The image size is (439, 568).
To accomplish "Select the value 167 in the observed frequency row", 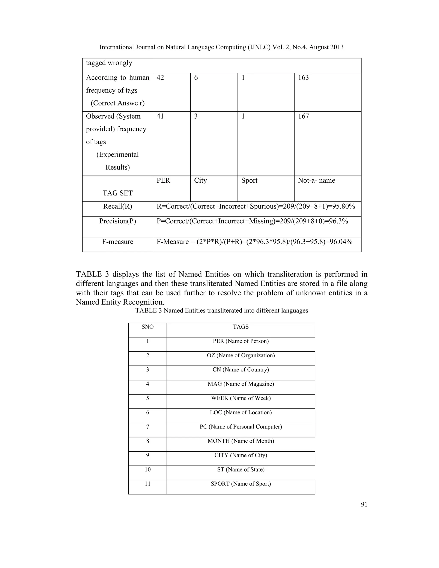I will coord(303,116).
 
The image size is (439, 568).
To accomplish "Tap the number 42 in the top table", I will coord(160,78).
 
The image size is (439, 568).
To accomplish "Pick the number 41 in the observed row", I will coord(160,116).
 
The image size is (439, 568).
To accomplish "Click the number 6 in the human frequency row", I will coord(196,78).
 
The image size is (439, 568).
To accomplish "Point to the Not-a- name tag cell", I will coord(316,180).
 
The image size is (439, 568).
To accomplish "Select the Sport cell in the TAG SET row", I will coord(249,180).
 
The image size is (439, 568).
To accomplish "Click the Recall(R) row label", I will coord(117,206).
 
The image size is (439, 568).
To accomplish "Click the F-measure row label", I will coord(117,242).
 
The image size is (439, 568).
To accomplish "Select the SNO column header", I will coord(147,327).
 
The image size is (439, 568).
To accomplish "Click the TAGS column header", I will coord(241,327).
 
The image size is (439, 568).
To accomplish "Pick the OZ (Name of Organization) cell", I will coord(241,356).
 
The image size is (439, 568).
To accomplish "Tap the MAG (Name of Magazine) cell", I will coord(241,384).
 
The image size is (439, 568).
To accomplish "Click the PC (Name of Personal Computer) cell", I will coord(241,427).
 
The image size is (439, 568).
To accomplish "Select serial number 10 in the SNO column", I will coord(147,470).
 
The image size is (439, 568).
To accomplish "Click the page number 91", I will coord(364,505).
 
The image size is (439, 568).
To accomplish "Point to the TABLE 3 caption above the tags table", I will coord(222,311).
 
